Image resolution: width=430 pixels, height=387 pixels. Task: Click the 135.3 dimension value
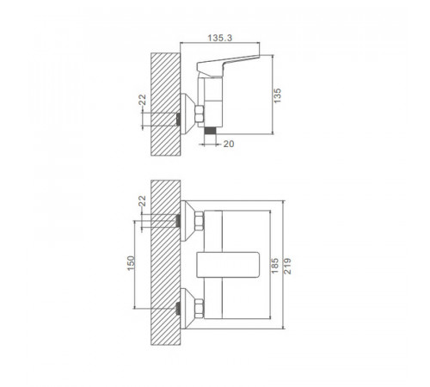point(219,38)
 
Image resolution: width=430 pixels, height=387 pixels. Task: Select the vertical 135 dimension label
point(277,95)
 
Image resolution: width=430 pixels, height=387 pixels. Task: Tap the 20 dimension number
point(229,144)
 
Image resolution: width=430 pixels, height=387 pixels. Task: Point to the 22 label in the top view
point(142,100)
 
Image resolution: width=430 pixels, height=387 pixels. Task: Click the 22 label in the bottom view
point(142,200)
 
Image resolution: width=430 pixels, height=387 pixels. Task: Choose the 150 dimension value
point(131,263)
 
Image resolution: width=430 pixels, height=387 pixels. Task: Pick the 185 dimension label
point(274,266)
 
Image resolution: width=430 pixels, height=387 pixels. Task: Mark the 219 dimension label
point(287,266)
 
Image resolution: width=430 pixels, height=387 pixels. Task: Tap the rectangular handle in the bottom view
point(228,265)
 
